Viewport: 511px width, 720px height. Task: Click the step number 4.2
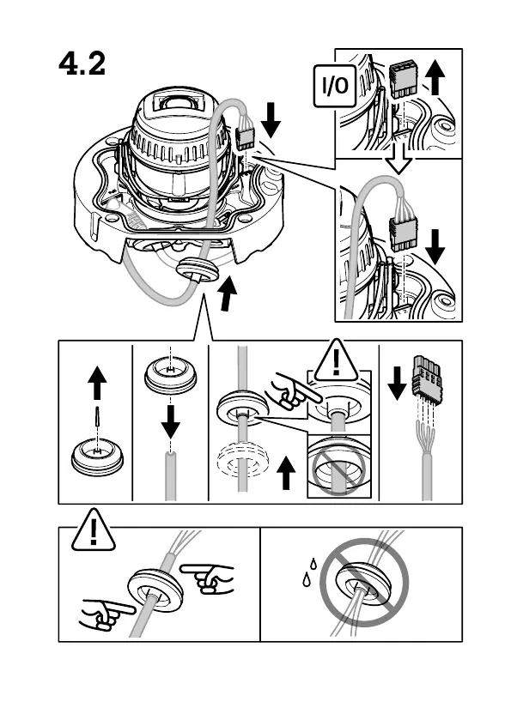tap(82, 64)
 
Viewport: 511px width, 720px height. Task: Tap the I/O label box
tap(335, 86)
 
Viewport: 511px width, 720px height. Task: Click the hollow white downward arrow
tap(398, 159)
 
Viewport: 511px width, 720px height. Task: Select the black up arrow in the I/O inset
tap(435, 78)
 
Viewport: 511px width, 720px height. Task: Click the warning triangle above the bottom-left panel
tap(94, 530)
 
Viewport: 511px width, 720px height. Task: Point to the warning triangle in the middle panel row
tap(337, 361)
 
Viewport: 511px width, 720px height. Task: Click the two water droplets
tap(309, 572)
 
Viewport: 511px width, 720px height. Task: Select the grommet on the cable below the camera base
tap(198, 270)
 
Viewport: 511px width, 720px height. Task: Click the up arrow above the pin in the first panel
tap(97, 383)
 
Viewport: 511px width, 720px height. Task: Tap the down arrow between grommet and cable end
tap(171, 421)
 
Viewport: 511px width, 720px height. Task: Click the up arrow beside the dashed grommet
tap(286, 473)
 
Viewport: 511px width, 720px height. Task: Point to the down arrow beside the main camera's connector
tap(271, 120)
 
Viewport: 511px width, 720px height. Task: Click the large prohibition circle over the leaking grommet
tap(364, 582)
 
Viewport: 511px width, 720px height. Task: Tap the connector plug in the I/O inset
tap(403, 80)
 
